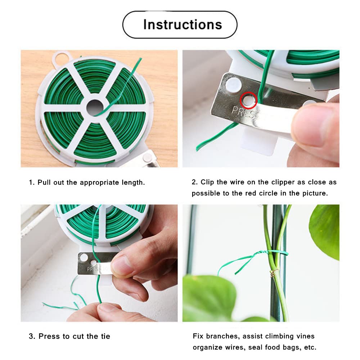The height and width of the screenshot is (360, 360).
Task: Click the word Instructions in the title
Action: (183, 24)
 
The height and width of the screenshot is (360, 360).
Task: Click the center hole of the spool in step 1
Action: (95, 107)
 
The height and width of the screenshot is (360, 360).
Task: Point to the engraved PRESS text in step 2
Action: (243, 112)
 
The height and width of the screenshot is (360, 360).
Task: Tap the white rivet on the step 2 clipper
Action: (233, 84)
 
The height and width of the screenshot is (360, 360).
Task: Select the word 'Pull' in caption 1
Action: (44, 182)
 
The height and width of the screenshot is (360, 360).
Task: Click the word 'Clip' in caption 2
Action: (207, 182)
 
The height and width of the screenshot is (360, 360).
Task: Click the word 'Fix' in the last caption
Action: (198, 336)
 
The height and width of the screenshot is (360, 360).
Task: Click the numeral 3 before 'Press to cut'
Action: (31, 336)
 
